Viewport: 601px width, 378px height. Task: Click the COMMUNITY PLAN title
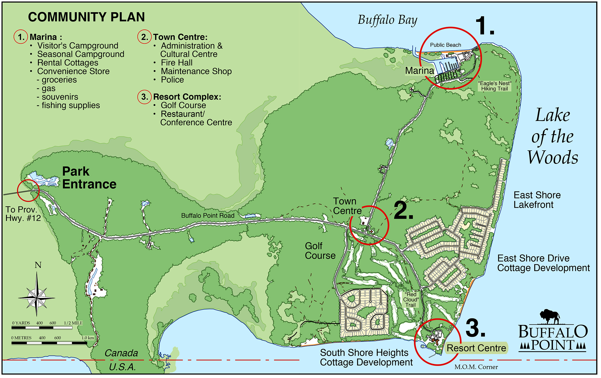coord(86,17)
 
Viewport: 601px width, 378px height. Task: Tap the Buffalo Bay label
coord(387,20)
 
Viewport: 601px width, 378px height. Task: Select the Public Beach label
coord(445,45)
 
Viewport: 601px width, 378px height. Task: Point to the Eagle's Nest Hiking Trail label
coord(494,86)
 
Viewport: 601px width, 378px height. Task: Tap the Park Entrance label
coord(89,178)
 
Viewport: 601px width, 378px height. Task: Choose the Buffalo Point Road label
coord(208,216)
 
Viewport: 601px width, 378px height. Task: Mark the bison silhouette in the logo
coord(550,316)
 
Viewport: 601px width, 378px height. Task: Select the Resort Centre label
coord(476,348)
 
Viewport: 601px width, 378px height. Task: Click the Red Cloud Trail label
coord(411,300)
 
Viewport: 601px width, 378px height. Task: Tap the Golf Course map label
coord(320,251)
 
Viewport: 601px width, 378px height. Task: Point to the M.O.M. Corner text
coord(476,367)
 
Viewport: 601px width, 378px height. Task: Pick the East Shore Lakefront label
coord(537,200)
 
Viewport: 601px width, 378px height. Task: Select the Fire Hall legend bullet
coord(176,63)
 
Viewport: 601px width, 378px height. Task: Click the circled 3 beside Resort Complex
coord(144,97)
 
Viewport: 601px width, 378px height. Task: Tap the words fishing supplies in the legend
coord(71,106)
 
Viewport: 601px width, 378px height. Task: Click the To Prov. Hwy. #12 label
coord(23,214)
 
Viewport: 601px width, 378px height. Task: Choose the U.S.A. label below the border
coord(122,367)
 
